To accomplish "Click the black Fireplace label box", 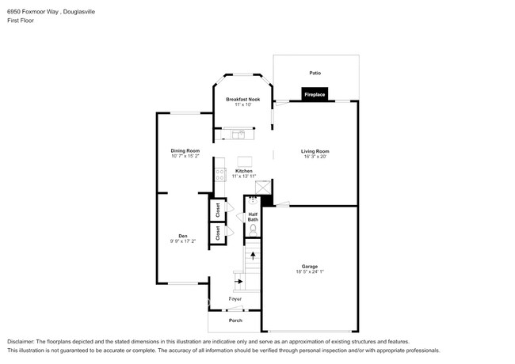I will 315,95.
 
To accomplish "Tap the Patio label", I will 315,73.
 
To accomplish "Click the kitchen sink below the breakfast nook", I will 238,133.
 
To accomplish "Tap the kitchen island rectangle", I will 244,160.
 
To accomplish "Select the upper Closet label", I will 217,210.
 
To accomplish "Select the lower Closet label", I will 217,233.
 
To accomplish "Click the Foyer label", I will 235,299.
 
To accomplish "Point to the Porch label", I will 235,320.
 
